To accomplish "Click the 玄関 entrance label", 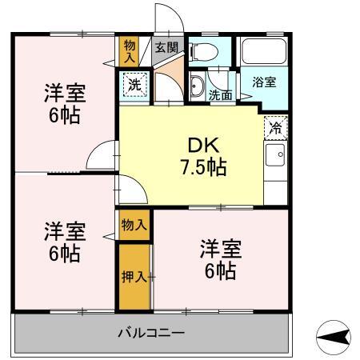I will pos(166,47).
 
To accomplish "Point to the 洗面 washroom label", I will pos(221,95).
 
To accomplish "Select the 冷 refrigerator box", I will pos(274,127).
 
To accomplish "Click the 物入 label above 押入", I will pos(134,226).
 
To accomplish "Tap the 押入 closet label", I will pos(134,277).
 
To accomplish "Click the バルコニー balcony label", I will pos(151,332).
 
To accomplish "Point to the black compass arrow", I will pos(334,338).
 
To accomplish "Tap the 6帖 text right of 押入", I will pos(219,270).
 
